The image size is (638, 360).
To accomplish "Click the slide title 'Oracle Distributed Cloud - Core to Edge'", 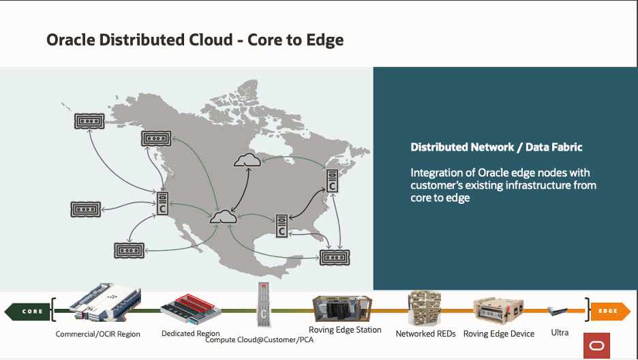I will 195,40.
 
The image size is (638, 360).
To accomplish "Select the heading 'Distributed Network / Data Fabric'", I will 496,147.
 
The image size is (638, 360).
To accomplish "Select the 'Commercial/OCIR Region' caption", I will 98,334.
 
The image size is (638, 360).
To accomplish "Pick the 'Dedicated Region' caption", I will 190,333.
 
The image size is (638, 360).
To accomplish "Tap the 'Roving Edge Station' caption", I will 345,330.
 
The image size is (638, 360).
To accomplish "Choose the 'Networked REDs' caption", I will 425,334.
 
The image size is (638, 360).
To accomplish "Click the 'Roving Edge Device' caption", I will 499,334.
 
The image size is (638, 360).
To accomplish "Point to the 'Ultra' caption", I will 560,333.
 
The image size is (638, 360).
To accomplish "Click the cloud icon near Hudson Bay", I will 246,161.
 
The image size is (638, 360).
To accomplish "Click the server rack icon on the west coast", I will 163,203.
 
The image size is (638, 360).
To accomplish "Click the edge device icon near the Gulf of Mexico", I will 334,258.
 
